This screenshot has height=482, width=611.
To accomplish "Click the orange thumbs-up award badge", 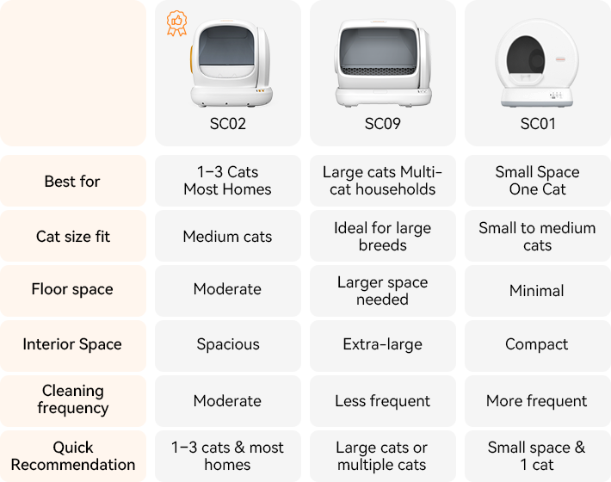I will click(176, 22).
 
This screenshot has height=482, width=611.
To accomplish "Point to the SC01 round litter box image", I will click(537, 65).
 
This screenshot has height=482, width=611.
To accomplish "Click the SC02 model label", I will click(228, 124).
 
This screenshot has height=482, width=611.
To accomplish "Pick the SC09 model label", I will click(382, 124).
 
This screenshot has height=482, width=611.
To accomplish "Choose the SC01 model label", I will click(538, 124).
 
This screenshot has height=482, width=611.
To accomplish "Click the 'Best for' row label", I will click(72, 182).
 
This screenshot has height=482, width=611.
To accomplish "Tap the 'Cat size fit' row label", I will click(72, 237).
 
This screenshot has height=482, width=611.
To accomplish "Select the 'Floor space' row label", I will click(72, 289).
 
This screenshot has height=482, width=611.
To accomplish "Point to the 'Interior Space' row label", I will click(72, 344).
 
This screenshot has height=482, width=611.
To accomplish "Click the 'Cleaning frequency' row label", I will click(72, 399).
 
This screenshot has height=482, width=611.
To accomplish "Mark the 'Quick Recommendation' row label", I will click(72, 456).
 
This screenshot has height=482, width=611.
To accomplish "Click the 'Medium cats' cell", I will click(228, 237).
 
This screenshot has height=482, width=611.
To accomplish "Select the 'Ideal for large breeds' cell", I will click(382, 237).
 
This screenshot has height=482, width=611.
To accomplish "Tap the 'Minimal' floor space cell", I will click(537, 291).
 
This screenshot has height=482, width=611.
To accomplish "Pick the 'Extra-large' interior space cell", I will click(382, 344).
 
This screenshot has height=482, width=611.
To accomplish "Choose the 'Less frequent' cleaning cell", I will click(382, 401).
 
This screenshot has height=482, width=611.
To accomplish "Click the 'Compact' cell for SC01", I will click(537, 344).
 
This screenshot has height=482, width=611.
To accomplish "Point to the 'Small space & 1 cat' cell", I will click(537, 456).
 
